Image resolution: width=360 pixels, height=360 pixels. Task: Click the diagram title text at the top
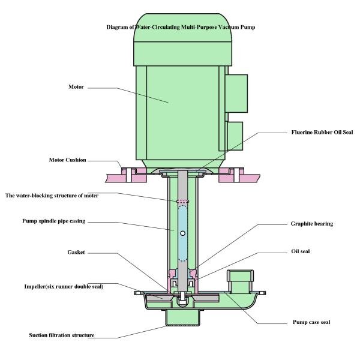click(x=179, y=28)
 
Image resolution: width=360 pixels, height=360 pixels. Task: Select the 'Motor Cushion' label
click(x=67, y=160)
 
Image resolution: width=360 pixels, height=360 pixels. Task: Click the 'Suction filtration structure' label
click(x=62, y=335)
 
